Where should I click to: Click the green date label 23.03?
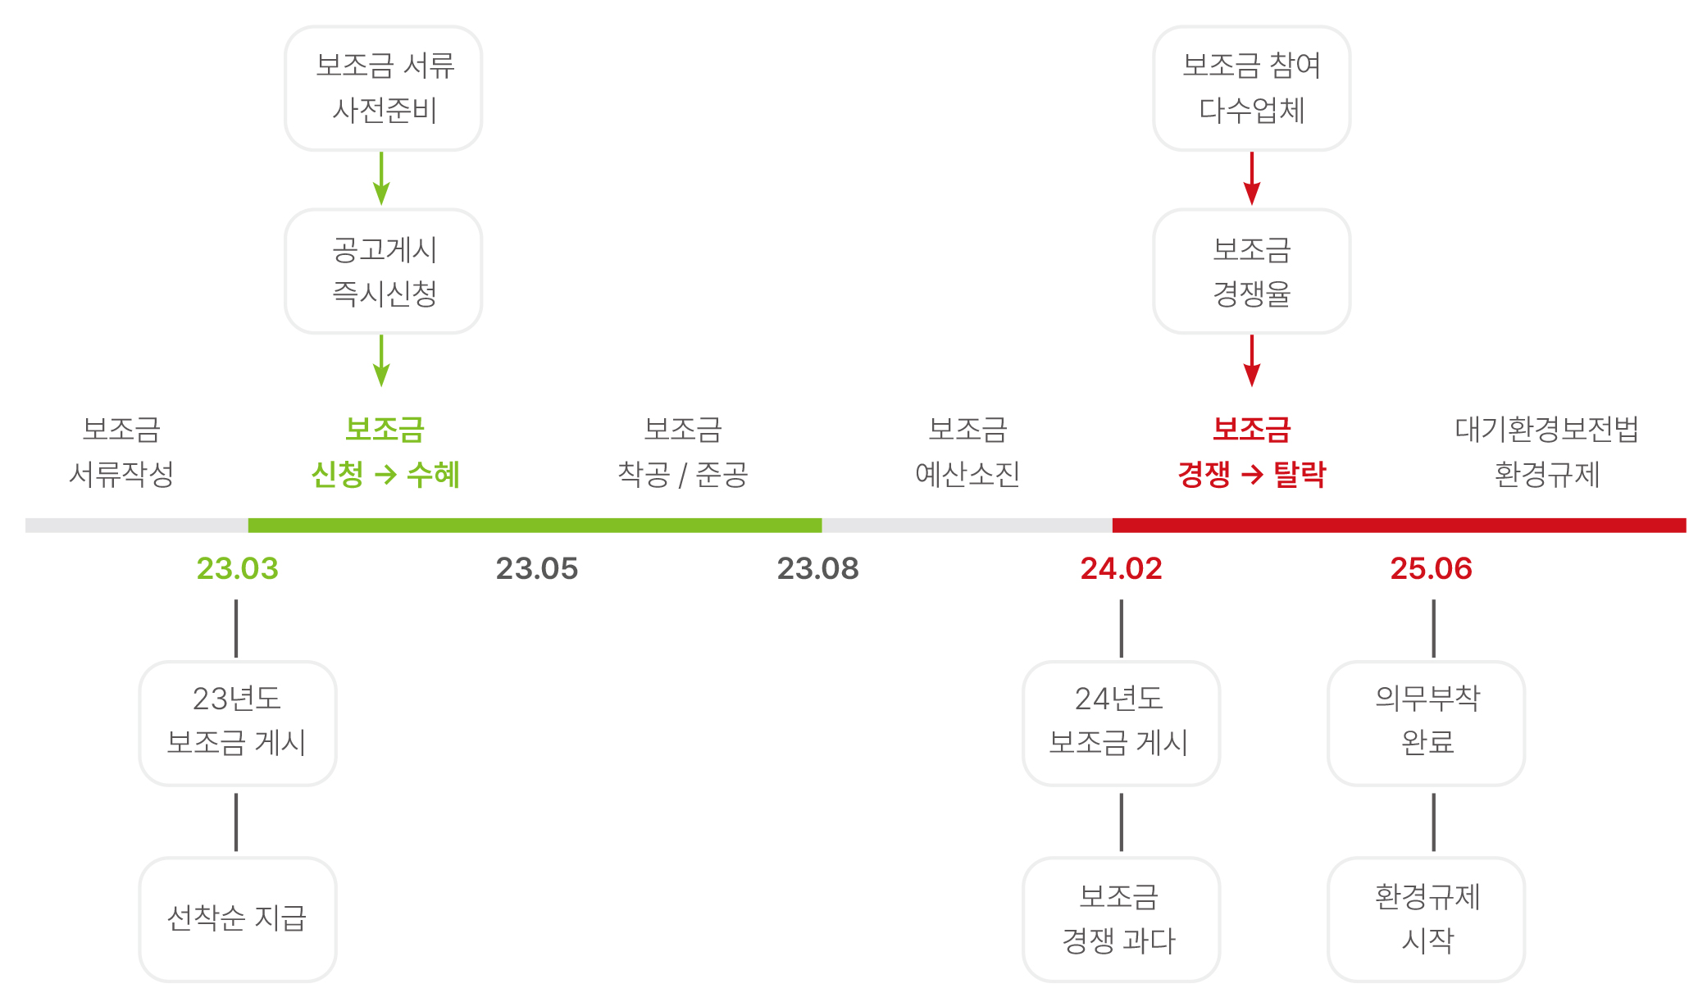(238, 568)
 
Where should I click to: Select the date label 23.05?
(537, 568)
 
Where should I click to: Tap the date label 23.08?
(817, 568)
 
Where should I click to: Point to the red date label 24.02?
(1121, 568)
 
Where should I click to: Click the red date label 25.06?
(1431, 568)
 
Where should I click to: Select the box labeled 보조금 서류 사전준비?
(383, 89)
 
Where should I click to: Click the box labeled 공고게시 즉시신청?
(383, 271)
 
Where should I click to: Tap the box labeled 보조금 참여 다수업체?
(1251, 89)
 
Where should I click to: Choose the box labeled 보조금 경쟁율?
(1251, 271)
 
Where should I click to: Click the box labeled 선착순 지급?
(238, 919)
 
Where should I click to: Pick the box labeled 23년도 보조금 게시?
(238, 723)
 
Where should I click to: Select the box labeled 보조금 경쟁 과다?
(1121, 919)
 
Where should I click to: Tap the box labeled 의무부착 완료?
(1426, 723)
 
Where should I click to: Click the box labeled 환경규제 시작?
(1426, 919)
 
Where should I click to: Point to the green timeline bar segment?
(535, 526)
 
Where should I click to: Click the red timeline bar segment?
(1399, 526)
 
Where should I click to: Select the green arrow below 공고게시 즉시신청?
(381, 360)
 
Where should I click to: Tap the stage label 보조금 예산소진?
(967, 451)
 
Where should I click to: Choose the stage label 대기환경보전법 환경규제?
(1546, 451)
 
